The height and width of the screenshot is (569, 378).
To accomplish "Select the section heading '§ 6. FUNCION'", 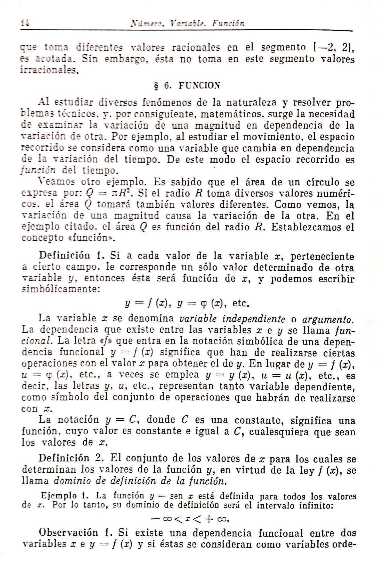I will tap(185, 85).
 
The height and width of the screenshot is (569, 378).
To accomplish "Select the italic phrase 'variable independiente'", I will tap(232, 319).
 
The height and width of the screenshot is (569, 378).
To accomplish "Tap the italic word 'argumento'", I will tap(327, 319).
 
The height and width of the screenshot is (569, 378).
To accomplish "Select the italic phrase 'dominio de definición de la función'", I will tap(139, 481).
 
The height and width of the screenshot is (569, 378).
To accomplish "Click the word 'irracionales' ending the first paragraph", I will tap(49, 70).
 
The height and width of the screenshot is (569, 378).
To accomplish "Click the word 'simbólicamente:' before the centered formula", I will tap(61, 289).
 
